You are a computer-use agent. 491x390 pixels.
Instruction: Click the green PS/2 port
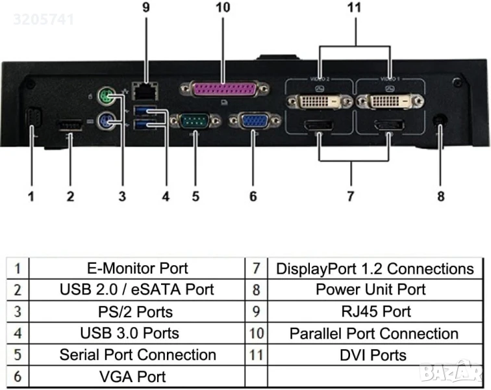point(106,98)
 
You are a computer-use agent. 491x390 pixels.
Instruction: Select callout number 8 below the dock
point(441,195)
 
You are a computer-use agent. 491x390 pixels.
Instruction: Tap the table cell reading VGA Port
point(133,376)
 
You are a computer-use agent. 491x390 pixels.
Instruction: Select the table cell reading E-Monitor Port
point(137,268)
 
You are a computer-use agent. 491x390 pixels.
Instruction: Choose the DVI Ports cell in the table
point(374,355)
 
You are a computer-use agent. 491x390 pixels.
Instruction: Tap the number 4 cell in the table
point(18,333)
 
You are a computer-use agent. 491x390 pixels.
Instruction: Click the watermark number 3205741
point(43,19)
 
